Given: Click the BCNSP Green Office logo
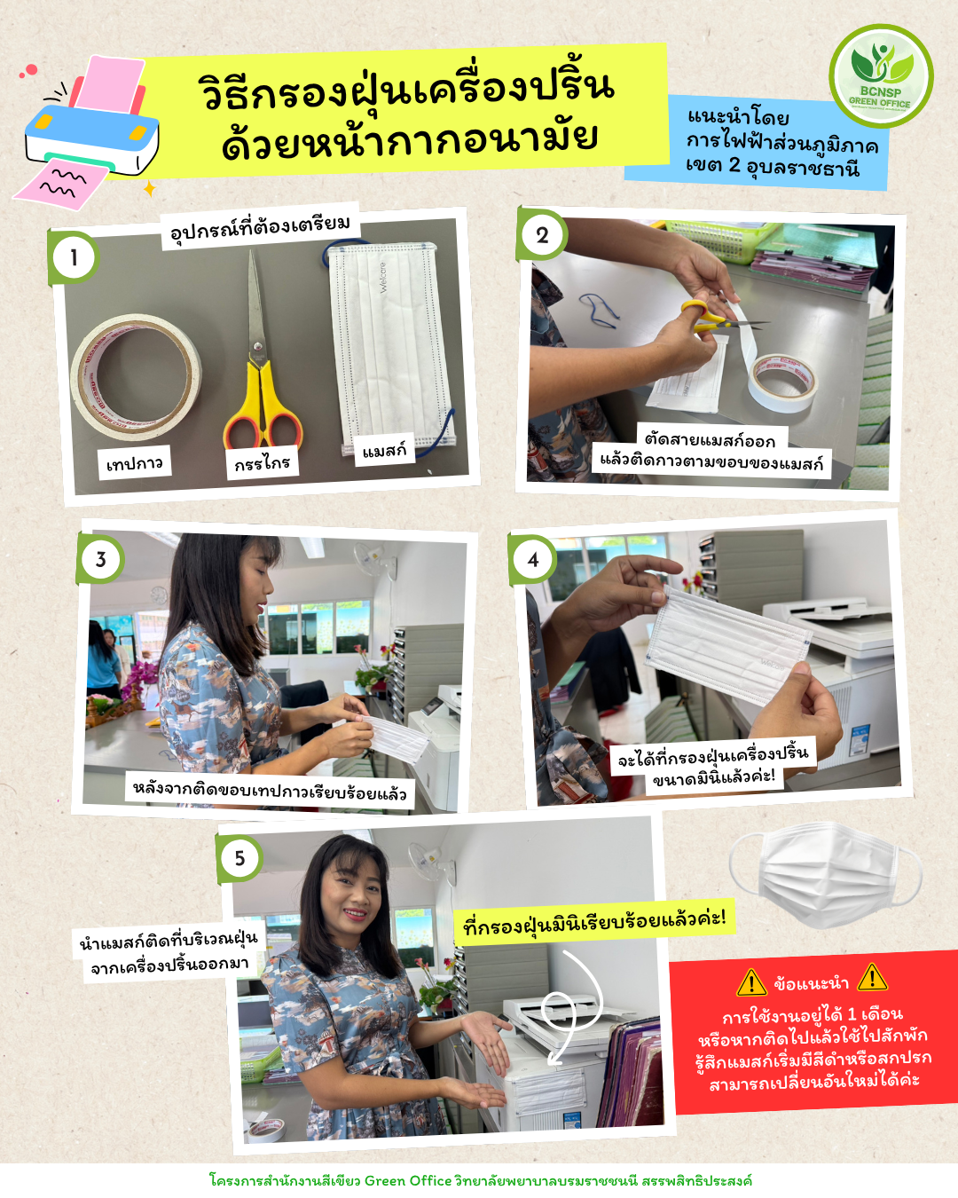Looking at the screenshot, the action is [881, 75].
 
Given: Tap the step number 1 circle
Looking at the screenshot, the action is [74, 257].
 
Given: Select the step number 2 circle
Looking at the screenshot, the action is [542, 235].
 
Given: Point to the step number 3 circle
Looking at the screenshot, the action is [101, 559].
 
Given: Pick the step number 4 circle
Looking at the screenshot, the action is [533, 559].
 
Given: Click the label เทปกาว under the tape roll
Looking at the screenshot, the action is [135, 462].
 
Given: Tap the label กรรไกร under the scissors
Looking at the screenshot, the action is [263, 462].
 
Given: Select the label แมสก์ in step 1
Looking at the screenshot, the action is [385, 450].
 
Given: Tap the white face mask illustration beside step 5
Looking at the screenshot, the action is [825, 875].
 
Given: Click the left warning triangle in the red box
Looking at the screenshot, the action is [751, 982].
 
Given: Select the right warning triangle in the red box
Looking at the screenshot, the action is [872, 978].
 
